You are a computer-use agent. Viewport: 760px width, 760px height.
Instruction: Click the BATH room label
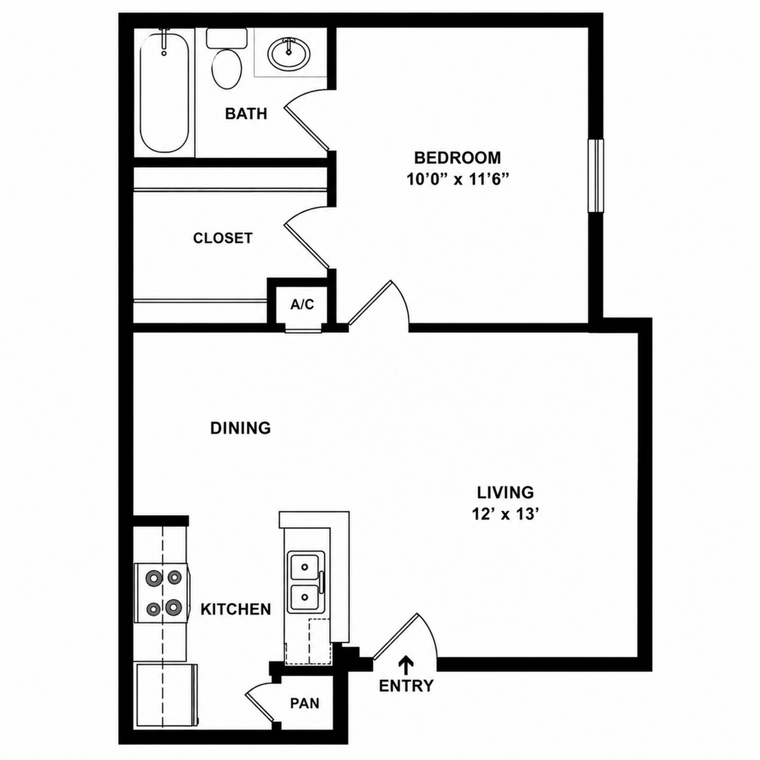(246, 113)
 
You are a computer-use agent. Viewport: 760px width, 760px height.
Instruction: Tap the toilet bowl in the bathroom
(227, 68)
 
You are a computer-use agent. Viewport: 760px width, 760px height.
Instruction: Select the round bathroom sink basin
(288, 53)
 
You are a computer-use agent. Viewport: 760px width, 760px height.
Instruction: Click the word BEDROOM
(458, 158)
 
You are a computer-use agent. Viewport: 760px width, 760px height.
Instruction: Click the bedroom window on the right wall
(596, 176)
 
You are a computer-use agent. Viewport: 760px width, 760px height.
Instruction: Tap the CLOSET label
(223, 238)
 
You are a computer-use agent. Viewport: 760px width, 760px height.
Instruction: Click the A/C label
(302, 304)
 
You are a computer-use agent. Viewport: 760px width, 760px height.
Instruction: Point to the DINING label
(241, 427)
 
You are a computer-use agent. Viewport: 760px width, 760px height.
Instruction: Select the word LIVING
(505, 492)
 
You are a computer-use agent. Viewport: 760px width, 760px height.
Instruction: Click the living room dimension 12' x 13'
(505, 515)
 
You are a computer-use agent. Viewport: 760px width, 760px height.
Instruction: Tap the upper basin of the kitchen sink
(304, 567)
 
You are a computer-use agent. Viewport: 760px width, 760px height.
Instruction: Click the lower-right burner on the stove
(173, 607)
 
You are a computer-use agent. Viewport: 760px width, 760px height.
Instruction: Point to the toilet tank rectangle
(227, 38)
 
